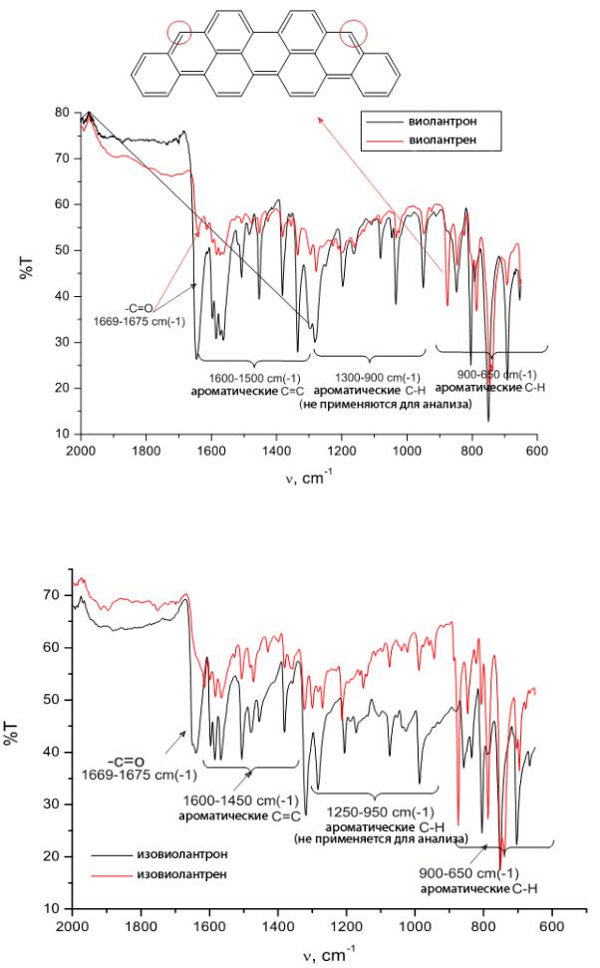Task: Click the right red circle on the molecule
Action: tap(353, 33)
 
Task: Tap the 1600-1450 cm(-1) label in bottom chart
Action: tap(222, 800)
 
